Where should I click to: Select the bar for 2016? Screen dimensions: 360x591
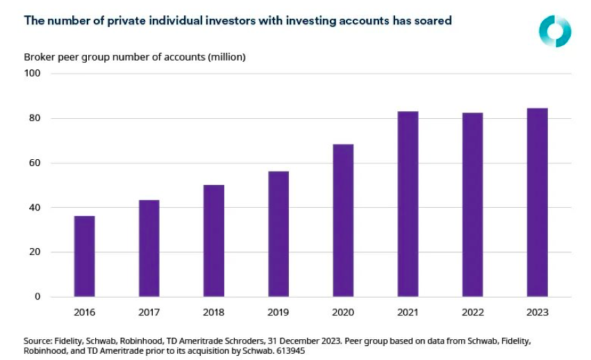85,256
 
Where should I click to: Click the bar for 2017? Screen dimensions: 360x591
149,249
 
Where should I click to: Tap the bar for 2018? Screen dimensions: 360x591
214,241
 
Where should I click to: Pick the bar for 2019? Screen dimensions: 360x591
278,234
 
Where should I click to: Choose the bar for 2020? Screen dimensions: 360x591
343,221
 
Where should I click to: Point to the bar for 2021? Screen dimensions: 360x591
408,204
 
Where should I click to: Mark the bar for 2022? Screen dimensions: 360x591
473,205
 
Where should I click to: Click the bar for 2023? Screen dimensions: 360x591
538,203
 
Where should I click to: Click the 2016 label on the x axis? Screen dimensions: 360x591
85,312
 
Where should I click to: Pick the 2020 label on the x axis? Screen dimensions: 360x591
343,312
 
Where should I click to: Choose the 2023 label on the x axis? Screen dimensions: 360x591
538,312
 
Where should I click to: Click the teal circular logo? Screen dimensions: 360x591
555,31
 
